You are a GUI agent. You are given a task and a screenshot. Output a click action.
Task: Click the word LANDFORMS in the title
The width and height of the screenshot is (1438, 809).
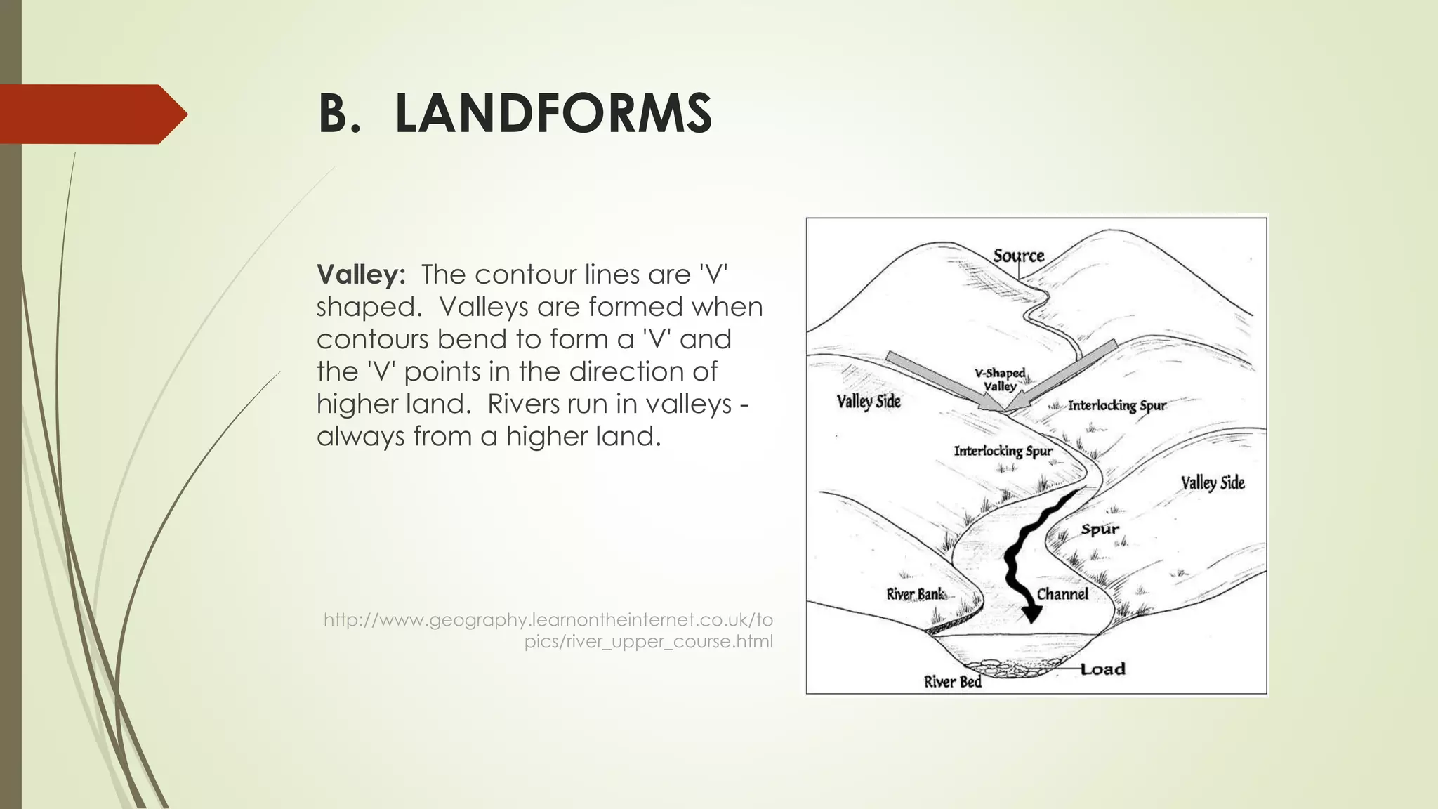pos(553,114)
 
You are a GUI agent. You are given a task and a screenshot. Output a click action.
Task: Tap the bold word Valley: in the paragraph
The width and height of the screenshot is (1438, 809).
pos(361,275)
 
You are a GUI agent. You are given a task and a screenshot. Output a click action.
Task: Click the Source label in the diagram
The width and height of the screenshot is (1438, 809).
pos(1018,256)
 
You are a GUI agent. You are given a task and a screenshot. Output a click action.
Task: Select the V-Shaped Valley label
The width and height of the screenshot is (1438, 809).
pos(1000,380)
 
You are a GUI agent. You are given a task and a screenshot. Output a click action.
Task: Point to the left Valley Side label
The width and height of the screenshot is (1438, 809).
pos(868,402)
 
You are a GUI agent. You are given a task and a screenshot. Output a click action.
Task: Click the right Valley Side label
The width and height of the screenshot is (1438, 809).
pos(1212,483)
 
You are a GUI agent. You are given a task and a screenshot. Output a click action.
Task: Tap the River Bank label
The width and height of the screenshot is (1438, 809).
pos(915,594)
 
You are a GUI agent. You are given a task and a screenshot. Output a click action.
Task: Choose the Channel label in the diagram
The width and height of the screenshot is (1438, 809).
pos(1062,594)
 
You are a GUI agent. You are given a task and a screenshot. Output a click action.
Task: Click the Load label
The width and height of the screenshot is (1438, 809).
pos(1102,669)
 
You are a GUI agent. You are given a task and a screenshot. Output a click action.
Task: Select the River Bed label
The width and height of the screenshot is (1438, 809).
pos(952,681)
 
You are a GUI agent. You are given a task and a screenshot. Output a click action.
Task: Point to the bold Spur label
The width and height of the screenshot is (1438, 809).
pos(1100,530)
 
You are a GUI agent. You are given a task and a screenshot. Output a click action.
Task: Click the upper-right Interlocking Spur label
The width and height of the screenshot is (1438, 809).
pos(1116,405)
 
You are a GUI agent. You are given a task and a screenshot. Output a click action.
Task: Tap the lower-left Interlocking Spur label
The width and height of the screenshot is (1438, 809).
pos(1003,451)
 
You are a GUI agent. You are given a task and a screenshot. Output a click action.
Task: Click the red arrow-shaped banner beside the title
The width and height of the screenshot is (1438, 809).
pos(91,114)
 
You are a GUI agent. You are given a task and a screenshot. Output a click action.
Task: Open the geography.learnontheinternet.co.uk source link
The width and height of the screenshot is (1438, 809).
pos(548,631)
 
